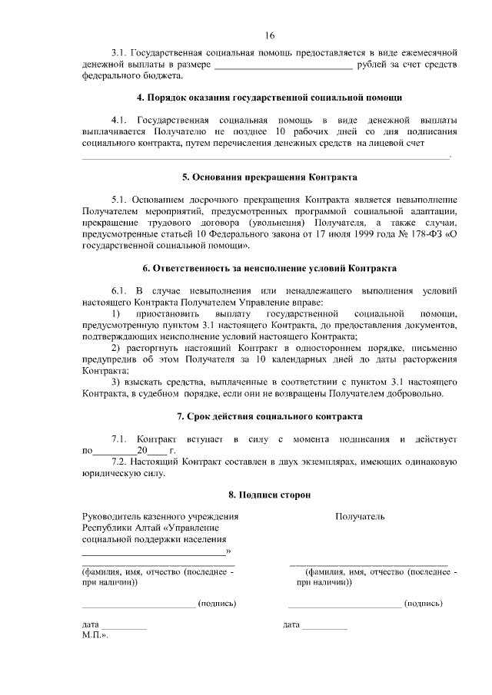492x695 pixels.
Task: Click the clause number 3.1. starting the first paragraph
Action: (120, 51)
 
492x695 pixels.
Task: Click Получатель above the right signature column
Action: (360, 517)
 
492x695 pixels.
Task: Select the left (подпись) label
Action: (217, 604)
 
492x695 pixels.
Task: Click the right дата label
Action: (291, 626)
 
